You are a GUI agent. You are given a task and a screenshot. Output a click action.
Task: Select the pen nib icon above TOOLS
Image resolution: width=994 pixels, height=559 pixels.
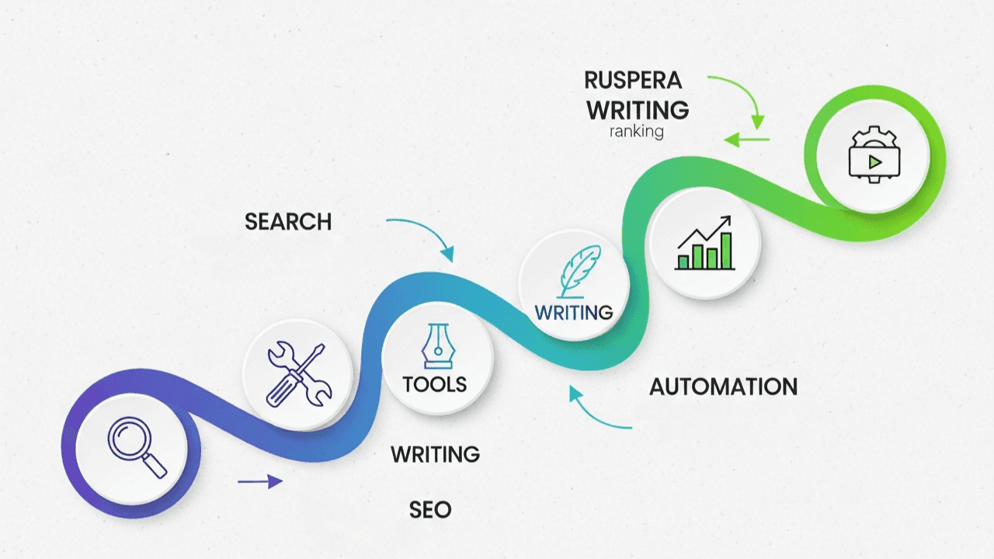[436, 345]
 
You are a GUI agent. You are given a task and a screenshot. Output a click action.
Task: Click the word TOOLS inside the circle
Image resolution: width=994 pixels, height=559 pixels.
[435, 384]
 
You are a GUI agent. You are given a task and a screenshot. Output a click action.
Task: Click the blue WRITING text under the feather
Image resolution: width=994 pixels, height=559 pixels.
[574, 313]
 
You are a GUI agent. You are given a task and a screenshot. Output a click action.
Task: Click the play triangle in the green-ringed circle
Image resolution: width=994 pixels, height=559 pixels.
[874, 162]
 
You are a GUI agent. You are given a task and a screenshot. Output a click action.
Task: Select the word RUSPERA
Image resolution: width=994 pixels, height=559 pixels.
[633, 80]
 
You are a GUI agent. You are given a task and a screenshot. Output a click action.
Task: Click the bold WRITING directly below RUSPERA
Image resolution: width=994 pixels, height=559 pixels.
[638, 109]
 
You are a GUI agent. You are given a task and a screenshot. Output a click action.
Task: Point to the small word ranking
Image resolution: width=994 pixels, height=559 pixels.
[637, 131]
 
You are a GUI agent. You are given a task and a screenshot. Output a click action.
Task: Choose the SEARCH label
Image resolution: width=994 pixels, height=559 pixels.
[288, 222]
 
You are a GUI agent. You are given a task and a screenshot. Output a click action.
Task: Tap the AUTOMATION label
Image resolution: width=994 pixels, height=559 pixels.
[723, 387]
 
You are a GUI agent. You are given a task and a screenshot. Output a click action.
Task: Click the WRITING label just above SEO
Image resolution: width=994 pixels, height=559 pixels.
[435, 454]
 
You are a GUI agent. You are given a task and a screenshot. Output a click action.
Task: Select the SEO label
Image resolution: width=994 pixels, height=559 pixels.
[430, 510]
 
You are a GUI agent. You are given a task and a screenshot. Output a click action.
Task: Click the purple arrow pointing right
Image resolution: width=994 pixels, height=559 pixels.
[259, 481]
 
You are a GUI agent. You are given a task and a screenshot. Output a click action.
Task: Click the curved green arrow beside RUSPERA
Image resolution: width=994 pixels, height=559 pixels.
[742, 96]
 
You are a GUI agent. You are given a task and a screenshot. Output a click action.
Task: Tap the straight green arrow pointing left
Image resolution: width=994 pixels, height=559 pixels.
[746, 140]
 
